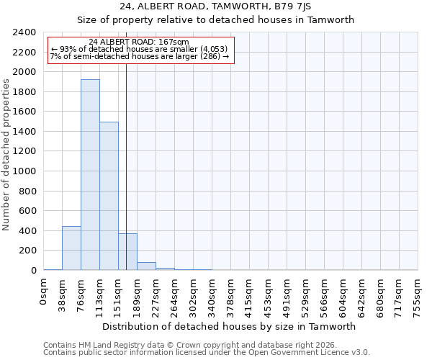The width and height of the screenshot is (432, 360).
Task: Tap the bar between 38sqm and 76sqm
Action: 71,248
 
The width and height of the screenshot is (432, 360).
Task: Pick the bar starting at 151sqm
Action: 127,252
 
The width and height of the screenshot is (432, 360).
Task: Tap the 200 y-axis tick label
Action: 28,251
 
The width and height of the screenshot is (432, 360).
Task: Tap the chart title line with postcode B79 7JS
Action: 215,6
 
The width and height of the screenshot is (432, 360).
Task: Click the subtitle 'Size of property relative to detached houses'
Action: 215,19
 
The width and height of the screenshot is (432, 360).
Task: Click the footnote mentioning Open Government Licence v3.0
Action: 207,353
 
